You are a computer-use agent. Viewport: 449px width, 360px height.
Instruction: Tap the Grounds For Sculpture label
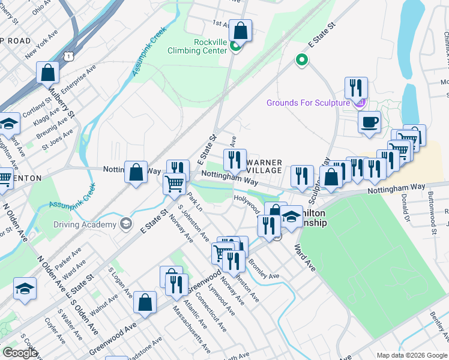click(308, 103)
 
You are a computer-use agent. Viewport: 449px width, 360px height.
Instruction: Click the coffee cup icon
click(369, 121)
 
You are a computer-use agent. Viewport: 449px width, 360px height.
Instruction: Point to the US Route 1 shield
click(70, 56)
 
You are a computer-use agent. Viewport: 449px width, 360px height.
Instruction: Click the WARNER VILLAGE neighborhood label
click(264, 166)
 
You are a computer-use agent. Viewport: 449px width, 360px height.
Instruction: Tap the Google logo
click(20, 353)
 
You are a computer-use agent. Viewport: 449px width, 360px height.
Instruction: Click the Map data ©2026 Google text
click(412, 355)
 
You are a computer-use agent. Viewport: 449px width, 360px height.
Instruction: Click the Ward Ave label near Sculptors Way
click(305, 257)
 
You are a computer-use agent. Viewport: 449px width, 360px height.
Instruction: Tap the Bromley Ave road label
click(264, 270)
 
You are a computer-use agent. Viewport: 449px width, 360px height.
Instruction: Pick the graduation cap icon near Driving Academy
click(126, 225)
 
